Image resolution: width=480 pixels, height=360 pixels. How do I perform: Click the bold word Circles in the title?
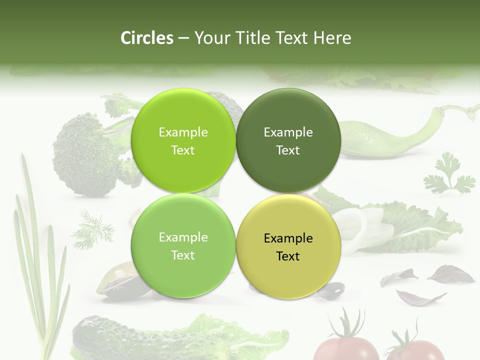tap(146, 38)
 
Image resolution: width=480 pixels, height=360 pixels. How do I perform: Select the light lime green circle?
tap(183, 141)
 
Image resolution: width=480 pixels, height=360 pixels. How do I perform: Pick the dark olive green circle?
tap(288, 141)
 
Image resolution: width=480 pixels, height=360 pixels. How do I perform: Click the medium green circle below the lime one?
tap(183, 246)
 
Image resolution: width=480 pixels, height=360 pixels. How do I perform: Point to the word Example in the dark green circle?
tap(288, 132)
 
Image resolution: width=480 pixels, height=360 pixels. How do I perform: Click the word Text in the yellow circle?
tap(288, 256)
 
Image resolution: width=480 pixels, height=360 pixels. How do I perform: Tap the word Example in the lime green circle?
tap(183, 132)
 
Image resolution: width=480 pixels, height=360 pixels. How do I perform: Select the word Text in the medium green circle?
tap(183, 255)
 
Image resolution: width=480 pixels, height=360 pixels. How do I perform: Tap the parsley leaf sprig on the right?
tap(447, 175)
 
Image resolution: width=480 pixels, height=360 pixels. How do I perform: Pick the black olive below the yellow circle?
tap(332, 288)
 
